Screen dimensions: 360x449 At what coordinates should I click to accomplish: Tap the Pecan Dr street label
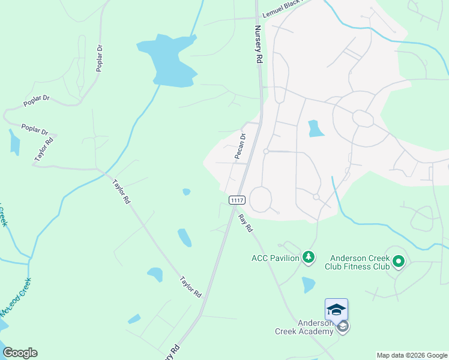pos(240,147)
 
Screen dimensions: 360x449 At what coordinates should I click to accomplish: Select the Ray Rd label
pos(246,223)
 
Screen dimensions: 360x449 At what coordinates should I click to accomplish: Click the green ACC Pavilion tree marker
pos(309,257)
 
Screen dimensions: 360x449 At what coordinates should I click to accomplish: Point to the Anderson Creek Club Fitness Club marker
pos(399,261)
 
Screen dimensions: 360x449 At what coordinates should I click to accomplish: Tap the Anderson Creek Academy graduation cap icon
pos(336,309)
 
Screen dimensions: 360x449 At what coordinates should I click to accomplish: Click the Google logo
pos(20,353)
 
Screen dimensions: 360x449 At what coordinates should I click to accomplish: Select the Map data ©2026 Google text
pos(412,355)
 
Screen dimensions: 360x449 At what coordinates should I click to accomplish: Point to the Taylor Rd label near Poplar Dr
pos(44,148)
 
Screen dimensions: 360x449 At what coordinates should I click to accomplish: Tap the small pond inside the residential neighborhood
pos(314,128)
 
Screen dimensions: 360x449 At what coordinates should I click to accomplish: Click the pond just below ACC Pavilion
pos(309,284)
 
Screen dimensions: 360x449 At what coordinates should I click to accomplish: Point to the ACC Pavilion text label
pos(276,259)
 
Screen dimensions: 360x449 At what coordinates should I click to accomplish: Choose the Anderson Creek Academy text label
pos(304,327)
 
